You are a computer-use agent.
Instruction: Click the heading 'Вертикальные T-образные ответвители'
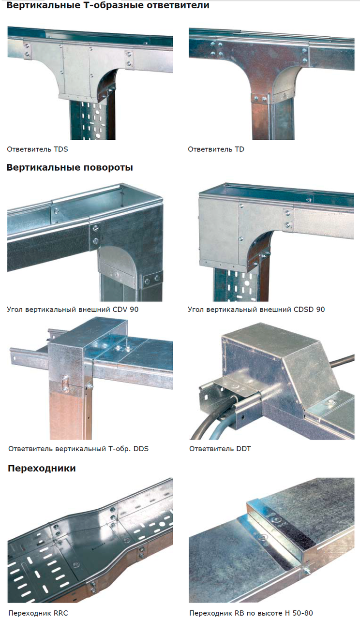pos(108,5)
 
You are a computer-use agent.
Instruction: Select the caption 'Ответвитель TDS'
pos(37,149)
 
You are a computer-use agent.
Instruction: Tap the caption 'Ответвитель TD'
pos(216,149)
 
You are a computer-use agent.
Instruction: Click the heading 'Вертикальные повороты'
pos(70,167)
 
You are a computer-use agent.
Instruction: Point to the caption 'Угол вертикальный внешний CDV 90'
pos(73,309)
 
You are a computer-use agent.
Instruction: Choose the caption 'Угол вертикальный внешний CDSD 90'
pos(256,309)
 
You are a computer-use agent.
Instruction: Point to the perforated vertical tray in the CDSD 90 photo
pos(237,285)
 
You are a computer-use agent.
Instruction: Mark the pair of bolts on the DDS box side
pos(65,383)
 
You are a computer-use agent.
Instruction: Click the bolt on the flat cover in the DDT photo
pos(330,402)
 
